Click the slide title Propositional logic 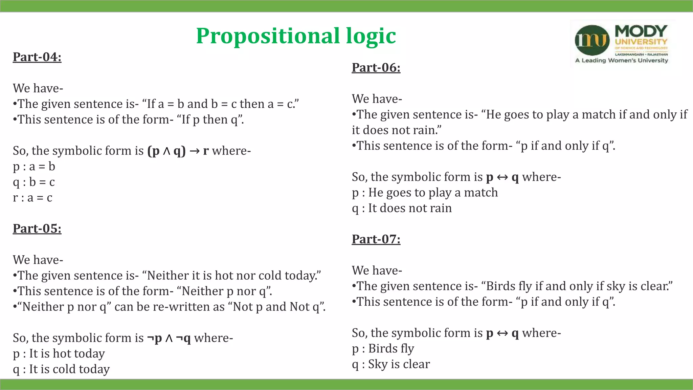pos(296,36)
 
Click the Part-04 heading pos(37,57)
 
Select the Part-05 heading pos(37,229)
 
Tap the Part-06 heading pos(376,67)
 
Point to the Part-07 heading pos(376,239)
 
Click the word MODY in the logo pos(641,31)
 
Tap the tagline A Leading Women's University pos(622,61)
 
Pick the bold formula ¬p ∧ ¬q pos(169,338)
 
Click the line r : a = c pos(32,197)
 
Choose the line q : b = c pos(34,182)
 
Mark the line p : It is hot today pos(59,353)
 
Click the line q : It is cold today pos(61,369)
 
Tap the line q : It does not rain pos(402,208)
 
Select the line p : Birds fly pos(383,348)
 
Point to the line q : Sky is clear pos(391,364)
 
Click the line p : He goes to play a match pos(425,192)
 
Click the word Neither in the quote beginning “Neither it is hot pos(168,276)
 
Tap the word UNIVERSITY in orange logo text pos(641,42)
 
